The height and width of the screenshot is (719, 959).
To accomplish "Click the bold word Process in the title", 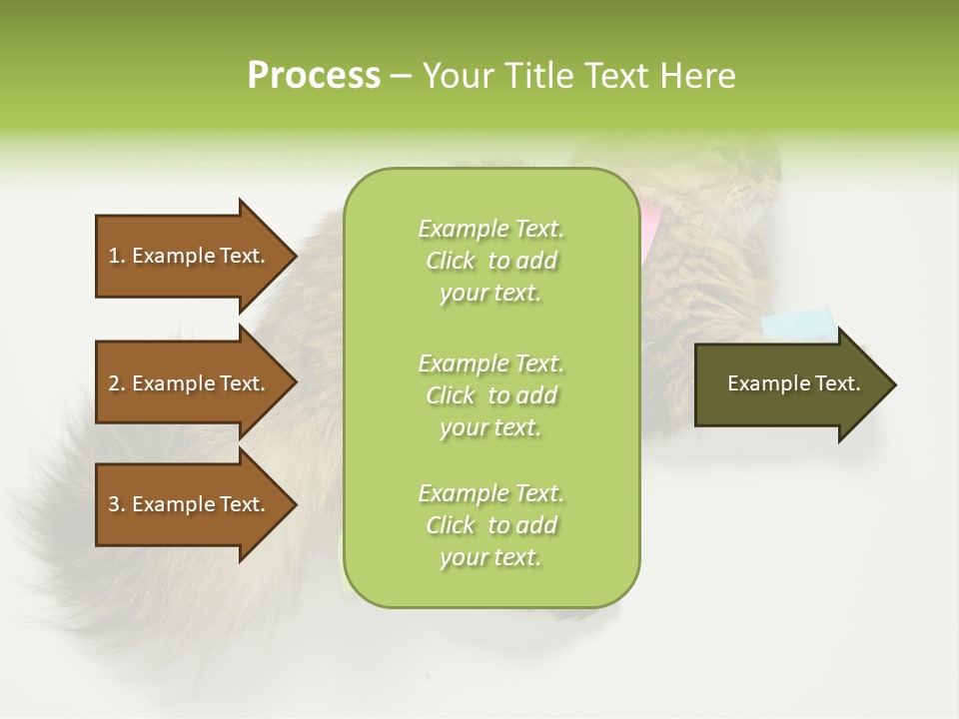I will point(314,76).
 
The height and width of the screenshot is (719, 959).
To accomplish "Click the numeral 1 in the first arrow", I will point(114,256).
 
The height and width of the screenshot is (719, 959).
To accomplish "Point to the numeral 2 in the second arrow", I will point(114,383).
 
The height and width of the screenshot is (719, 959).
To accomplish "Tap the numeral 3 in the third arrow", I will point(114,504).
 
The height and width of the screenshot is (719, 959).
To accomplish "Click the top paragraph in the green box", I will point(490,261).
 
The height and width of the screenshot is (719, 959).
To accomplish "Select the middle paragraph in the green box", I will point(490,394).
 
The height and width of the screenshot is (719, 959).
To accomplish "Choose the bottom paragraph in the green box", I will point(490,525).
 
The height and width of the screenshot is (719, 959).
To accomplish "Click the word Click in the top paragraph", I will point(451,262).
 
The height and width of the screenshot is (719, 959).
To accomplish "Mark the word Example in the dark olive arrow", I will point(762,383).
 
